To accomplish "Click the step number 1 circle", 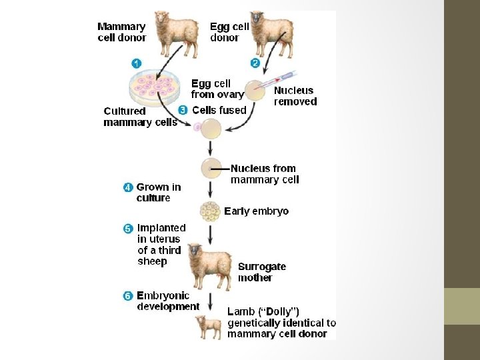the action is [x=136, y=63].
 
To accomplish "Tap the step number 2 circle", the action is [x=255, y=63].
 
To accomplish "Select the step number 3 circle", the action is [x=183, y=110].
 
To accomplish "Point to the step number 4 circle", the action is [x=128, y=187].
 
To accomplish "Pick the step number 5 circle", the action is [x=128, y=228].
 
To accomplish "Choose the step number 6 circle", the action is [x=128, y=296].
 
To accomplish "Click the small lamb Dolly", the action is [x=209, y=327].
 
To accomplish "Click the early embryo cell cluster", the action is [x=211, y=211].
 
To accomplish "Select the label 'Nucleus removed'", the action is [x=295, y=96].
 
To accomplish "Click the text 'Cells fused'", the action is [x=219, y=110].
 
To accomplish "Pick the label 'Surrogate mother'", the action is [x=262, y=272].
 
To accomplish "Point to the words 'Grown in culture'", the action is [x=158, y=193].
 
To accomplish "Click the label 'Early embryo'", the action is [x=257, y=211].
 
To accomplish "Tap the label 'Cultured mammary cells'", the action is [x=140, y=117].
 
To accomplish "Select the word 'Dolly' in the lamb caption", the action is [x=279, y=311].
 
